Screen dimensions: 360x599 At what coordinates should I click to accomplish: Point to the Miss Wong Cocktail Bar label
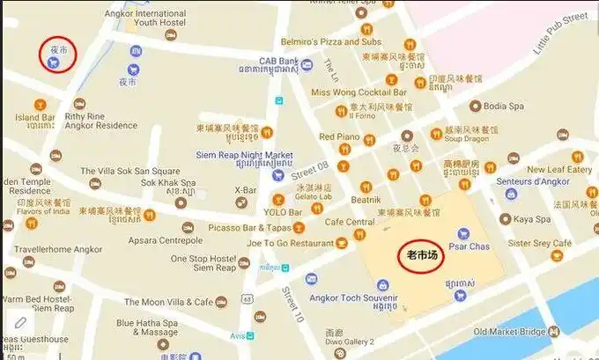pos(359,92)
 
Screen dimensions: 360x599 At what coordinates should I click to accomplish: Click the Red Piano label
pos(338,136)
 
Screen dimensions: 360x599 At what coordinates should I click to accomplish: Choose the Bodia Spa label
pos(504,106)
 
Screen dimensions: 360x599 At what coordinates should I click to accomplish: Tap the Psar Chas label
pos(469,246)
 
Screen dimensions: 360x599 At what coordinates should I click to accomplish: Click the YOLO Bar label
pos(283,211)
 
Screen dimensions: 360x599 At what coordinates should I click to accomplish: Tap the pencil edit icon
pos(19,324)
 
